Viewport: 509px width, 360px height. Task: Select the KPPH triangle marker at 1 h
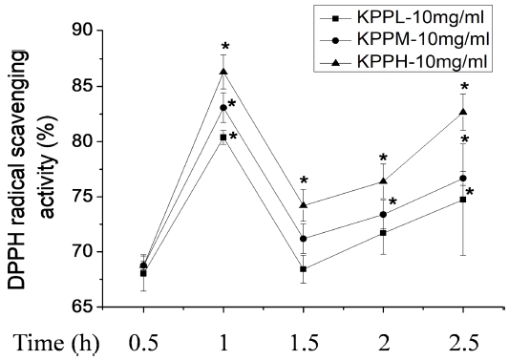click(223, 72)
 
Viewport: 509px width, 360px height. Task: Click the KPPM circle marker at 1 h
click(223, 107)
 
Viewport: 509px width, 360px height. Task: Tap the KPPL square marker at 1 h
click(223, 138)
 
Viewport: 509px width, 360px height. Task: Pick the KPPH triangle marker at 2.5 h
click(463, 112)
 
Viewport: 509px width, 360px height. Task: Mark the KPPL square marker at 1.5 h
click(304, 269)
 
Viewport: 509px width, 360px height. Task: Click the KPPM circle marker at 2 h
click(383, 214)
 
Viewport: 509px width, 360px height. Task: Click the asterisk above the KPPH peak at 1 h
click(225, 47)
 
